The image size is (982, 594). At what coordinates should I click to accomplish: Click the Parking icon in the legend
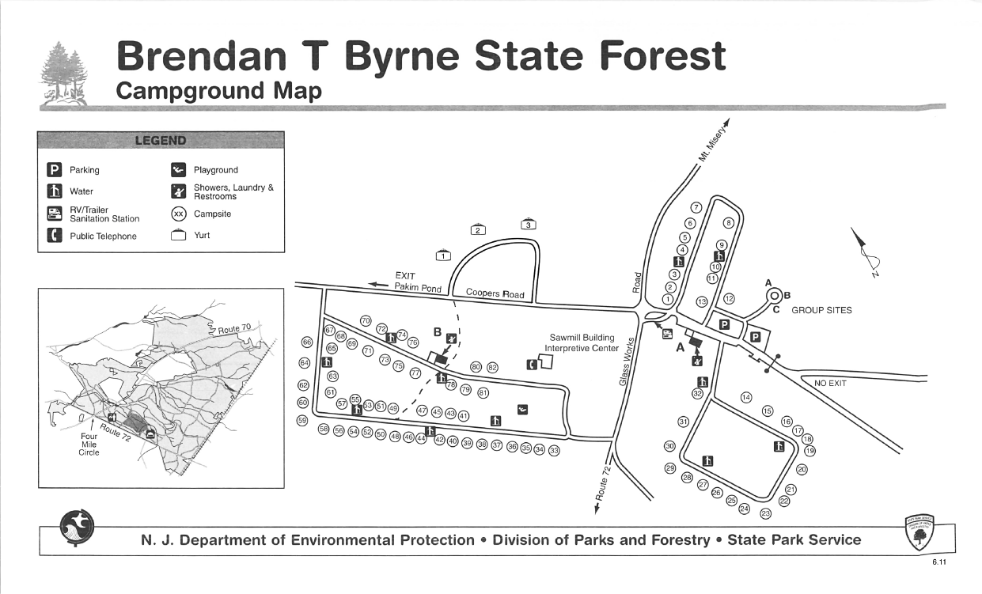pos(55,169)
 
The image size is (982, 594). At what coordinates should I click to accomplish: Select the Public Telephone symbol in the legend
pos(55,236)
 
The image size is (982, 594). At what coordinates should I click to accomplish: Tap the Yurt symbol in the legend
pos(179,234)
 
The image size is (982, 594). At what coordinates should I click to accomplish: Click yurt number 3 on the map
pos(529,225)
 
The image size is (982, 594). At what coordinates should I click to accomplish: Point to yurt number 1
pos(444,255)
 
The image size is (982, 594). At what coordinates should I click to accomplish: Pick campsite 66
pos(307,342)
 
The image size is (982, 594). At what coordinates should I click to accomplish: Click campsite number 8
pos(728,223)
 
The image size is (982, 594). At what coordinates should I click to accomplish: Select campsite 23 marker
pos(765,514)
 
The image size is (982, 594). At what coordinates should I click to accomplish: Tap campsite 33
pos(554,451)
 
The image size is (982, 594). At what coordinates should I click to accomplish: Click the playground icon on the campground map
pos(522,409)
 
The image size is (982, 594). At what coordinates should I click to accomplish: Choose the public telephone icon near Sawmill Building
pos(533,364)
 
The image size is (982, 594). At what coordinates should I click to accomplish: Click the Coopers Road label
pos(495,293)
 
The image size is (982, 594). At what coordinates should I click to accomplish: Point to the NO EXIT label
pos(831,383)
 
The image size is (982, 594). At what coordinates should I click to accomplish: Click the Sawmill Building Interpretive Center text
pos(582,342)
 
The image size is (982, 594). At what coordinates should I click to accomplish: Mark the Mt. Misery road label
pos(713,140)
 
